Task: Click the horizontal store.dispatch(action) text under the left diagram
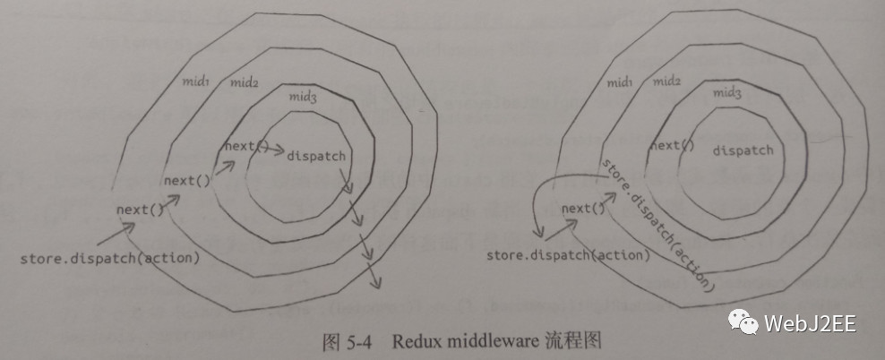pos(109,258)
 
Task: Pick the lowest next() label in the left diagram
pos(141,210)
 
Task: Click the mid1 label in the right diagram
pos(622,81)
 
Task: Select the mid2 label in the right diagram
pos(667,81)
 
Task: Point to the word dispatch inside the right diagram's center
pos(743,150)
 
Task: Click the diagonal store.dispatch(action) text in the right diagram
pos(658,225)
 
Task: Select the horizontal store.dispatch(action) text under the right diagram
pos(569,255)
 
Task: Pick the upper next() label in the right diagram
pos(672,146)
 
